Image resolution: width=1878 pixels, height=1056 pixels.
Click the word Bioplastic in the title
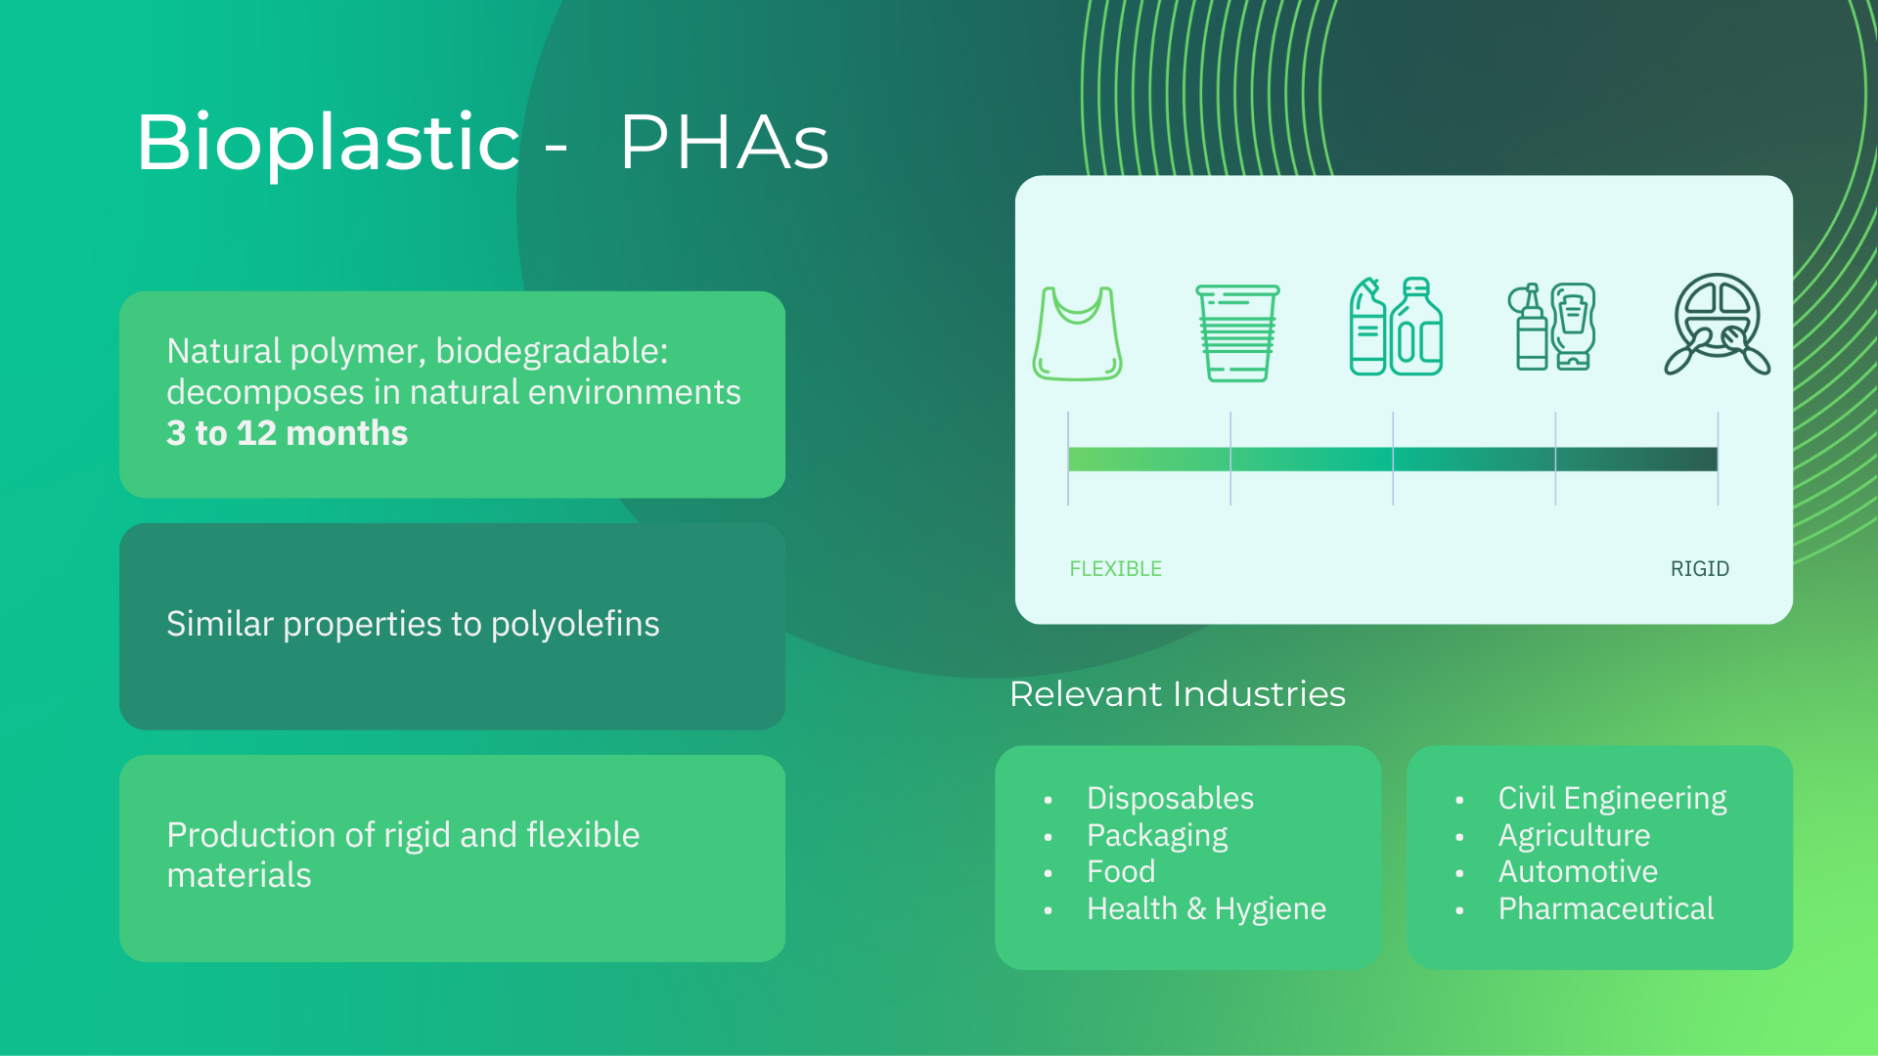click(x=328, y=143)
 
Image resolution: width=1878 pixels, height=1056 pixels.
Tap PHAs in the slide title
click(x=725, y=143)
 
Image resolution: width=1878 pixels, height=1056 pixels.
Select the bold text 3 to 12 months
click(x=287, y=432)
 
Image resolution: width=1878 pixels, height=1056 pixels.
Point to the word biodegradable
click(x=552, y=351)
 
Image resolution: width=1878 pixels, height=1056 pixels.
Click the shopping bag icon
click(x=1077, y=333)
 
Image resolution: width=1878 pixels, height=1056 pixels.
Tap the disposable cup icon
click(x=1237, y=333)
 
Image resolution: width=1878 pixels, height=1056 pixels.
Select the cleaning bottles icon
click(x=1396, y=327)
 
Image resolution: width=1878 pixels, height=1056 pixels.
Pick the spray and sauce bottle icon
click(x=1552, y=327)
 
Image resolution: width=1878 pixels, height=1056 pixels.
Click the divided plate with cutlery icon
click(x=1717, y=324)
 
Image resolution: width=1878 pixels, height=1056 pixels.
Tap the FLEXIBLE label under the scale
click(x=1115, y=569)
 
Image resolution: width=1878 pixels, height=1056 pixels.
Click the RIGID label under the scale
click(x=1700, y=569)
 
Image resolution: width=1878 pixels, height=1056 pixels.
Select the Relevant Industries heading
click(x=1178, y=694)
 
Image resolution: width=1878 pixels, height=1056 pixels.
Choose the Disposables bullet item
click(x=1170, y=798)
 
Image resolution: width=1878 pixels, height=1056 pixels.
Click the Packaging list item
click(x=1157, y=836)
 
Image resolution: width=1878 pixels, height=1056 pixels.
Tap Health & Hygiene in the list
click(x=1206, y=909)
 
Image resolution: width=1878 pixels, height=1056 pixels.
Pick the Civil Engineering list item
click(x=1612, y=799)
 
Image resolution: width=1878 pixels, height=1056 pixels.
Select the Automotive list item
click(x=1578, y=871)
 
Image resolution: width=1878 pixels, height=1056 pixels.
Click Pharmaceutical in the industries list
click(x=1606, y=908)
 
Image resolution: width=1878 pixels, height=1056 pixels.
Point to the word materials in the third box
click(x=239, y=875)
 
